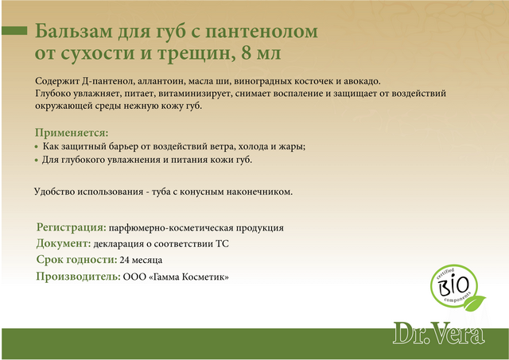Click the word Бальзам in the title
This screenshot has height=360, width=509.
pyautogui.click(x=74, y=31)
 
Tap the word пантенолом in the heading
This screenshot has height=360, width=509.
pyautogui.click(x=262, y=32)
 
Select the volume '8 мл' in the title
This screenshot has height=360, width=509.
pyautogui.click(x=261, y=52)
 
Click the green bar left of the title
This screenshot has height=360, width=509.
pyautogui.click(x=14, y=30)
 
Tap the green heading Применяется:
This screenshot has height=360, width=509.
pyautogui.click(x=72, y=133)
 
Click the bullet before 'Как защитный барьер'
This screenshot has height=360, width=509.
pyautogui.click(x=37, y=147)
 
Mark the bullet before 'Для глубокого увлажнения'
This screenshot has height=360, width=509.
pyautogui.click(x=37, y=161)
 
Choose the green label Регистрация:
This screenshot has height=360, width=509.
pyautogui.click(x=72, y=227)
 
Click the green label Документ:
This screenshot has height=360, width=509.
pyautogui.click(x=64, y=243)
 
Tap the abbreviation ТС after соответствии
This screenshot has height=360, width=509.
pyautogui.click(x=223, y=243)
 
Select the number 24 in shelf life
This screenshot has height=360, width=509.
pyautogui.click(x=125, y=260)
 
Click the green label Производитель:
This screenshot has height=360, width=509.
pyautogui.click(x=78, y=277)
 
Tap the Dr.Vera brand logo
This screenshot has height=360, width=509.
pyautogui.click(x=439, y=333)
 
